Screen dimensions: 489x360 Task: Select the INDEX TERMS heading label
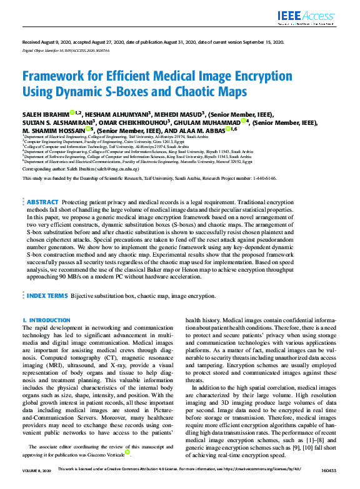coord(47,295)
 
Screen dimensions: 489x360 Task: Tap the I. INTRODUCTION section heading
coord(46,320)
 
